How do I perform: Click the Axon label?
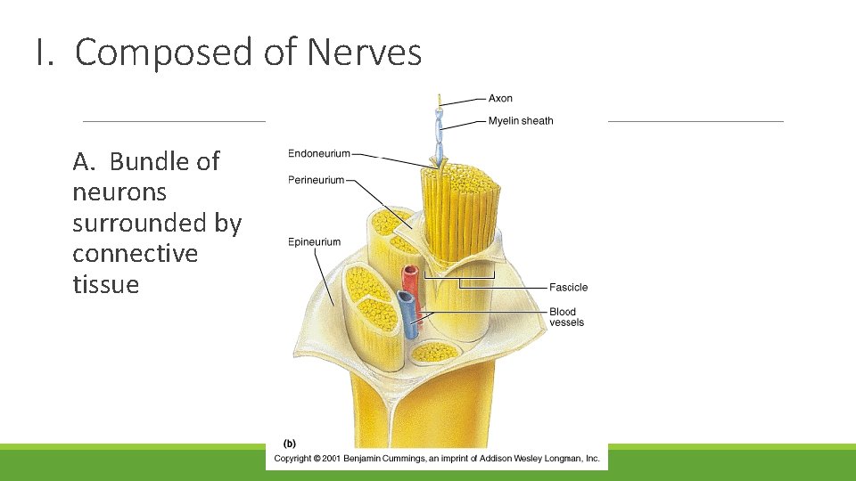tap(500, 98)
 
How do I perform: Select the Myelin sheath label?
tap(521, 121)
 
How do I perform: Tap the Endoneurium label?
tap(319, 154)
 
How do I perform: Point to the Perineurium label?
tap(316, 180)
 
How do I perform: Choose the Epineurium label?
tap(314, 241)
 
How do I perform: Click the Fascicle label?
tap(568, 288)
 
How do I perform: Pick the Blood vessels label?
tap(566, 317)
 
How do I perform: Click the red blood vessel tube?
tap(412, 283)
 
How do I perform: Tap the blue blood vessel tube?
tap(407, 316)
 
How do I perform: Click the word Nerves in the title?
tap(364, 53)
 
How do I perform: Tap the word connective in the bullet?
tap(135, 254)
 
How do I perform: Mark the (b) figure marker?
tap(290, 443)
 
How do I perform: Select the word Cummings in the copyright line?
tap(427, 458)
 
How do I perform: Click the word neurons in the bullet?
tap(119, 192)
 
